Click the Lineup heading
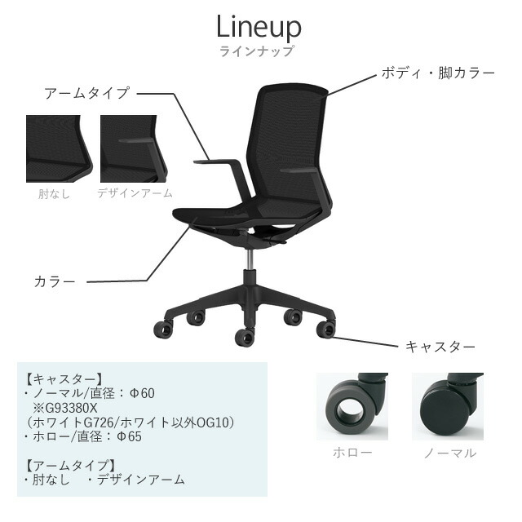point(259,27)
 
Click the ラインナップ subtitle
point(257,51)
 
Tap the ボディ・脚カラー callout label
point(438,73)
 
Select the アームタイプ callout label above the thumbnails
point(86,93)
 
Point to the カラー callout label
point(55,281)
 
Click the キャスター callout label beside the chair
point(440,347)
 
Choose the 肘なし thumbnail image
point(59,148)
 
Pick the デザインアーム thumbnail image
point(133,148)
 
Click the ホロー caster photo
point(352,406)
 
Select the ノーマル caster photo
point(448,406)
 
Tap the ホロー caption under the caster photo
point(352,453)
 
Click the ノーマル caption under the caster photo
point(450,453)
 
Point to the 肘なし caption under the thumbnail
point(54,194)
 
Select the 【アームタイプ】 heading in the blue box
point(72,465)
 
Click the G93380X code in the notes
point(70,408)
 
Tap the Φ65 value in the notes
point(130,436)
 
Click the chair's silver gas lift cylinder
point(250,259)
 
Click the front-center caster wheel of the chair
point(245,338)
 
